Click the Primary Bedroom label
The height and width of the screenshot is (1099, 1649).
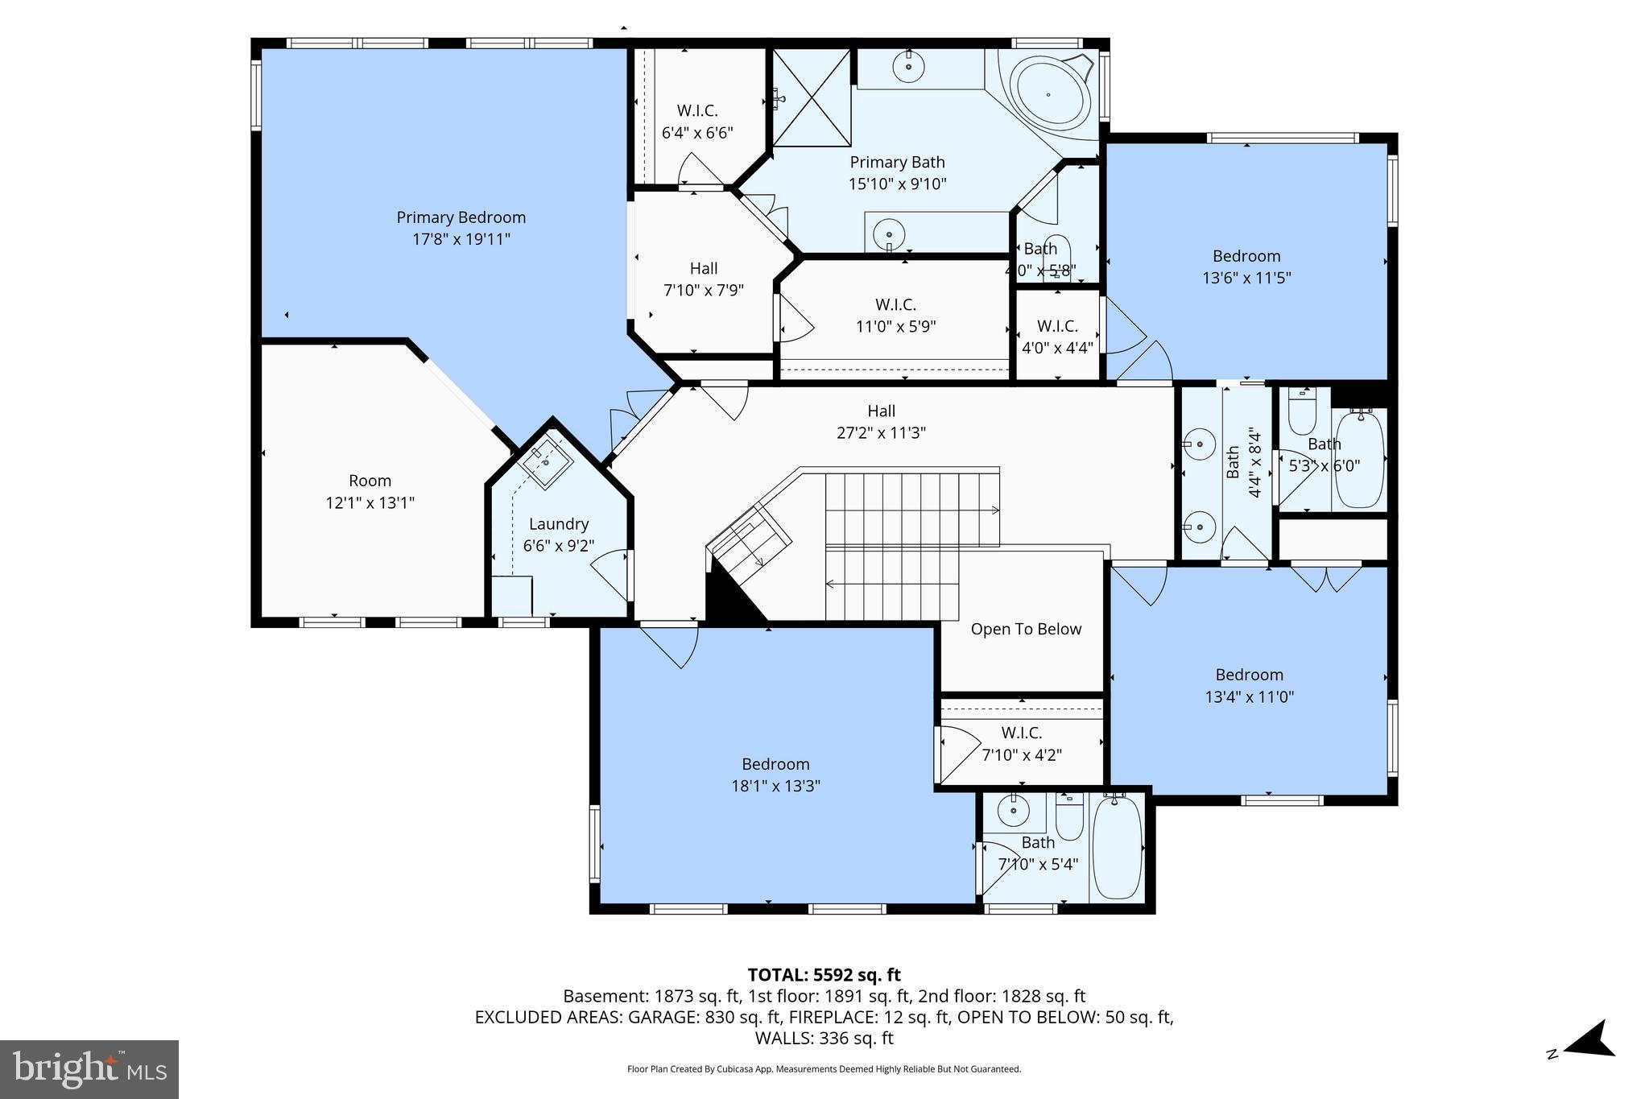coord(461,218)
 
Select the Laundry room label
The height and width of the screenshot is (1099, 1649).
coord(559,524)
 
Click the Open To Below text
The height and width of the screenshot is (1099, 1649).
coord(1026,629)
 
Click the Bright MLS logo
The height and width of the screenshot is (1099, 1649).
coord(89,1069)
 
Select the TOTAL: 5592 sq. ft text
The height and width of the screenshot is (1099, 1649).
coord(824,975)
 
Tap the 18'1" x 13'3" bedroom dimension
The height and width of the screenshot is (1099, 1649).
coord(775,786)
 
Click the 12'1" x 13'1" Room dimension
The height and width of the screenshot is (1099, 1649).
coord(370,502)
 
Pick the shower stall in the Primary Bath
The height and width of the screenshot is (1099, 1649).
coord(812,97)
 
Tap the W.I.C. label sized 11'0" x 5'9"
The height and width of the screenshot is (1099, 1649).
coord(895,305)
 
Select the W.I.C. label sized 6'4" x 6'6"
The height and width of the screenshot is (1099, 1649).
coord(696,111)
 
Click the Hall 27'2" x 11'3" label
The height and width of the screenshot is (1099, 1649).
coord(881,411)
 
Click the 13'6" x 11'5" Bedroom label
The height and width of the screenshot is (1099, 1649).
coord(1246,257)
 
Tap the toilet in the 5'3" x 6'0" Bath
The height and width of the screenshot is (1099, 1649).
coord(1302,414)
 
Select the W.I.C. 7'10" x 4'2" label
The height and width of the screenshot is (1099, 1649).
coord(1021,733)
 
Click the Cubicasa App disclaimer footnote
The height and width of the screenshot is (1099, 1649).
coord(824,1069)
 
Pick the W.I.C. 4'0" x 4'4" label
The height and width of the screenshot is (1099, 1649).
coord(1057,326)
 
